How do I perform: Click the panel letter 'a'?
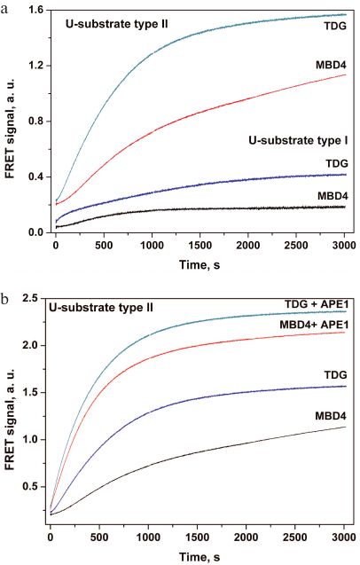6,6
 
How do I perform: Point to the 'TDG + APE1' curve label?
308,304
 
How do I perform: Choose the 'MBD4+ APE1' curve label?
309,323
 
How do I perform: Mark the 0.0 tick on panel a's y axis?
36,232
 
